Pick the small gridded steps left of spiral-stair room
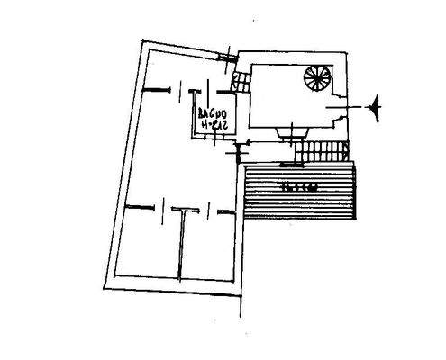(241, 84)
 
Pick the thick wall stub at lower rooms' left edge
(135, 208)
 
